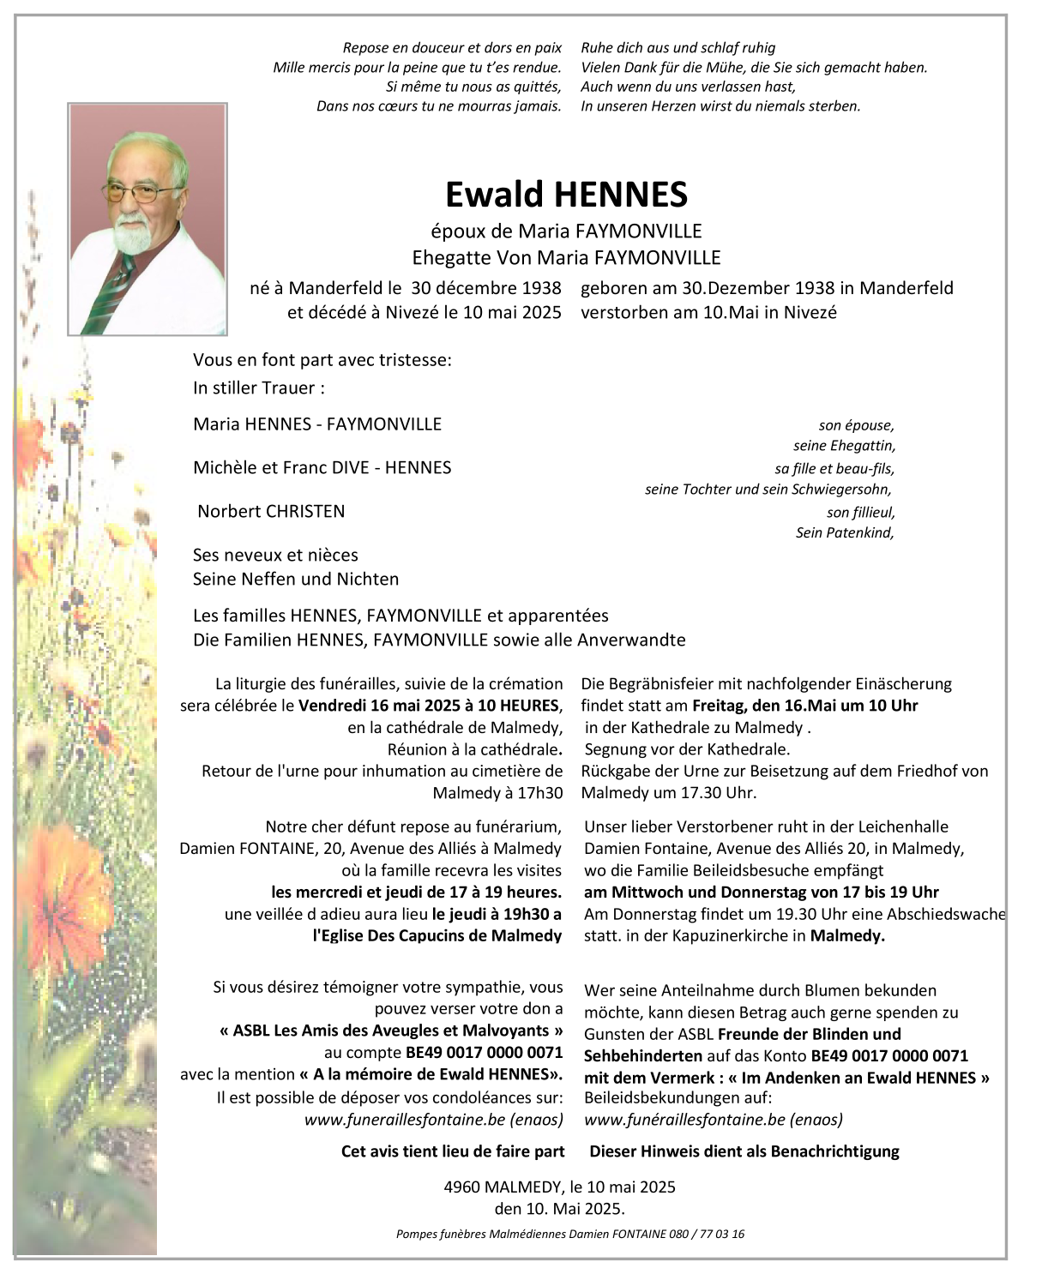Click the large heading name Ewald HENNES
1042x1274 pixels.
566,195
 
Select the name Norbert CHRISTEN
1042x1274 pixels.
271,511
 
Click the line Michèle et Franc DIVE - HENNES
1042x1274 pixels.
322,467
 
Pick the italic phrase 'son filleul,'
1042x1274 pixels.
860,512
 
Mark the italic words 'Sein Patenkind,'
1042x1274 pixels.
845,532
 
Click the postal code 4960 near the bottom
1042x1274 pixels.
462,1187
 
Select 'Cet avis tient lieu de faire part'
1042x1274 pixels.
453,1151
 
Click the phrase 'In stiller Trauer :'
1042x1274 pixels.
259,388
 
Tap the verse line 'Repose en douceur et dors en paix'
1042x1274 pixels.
452,48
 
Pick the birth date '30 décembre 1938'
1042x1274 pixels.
485,288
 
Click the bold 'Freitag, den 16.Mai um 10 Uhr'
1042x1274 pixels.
804,706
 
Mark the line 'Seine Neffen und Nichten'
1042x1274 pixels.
296,579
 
